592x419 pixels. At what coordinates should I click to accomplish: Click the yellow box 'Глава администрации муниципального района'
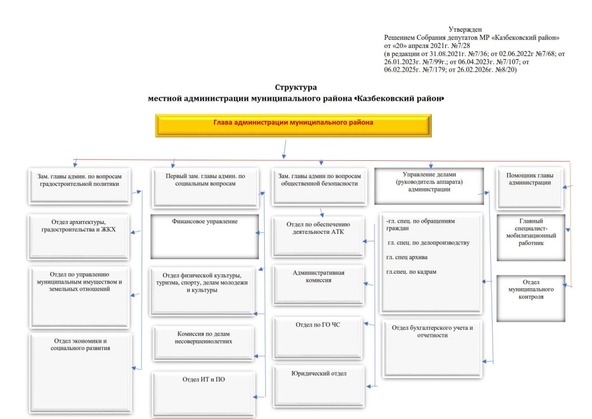293,125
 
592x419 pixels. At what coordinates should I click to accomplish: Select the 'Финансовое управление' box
204,236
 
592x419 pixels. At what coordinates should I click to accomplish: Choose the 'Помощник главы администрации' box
529,188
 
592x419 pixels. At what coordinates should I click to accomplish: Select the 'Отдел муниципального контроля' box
531,297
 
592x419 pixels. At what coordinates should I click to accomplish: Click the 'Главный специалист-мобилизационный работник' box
531,236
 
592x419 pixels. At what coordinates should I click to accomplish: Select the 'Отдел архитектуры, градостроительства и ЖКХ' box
79,236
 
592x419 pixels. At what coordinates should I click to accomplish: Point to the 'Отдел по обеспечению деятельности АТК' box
319,237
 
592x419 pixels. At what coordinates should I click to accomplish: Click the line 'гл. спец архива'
407,256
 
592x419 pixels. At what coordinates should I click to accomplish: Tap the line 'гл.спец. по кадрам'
410,271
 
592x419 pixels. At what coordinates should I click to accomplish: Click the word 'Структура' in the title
295,87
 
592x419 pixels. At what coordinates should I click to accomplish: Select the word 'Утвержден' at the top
465,29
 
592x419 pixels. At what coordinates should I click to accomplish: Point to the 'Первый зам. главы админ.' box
205,188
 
